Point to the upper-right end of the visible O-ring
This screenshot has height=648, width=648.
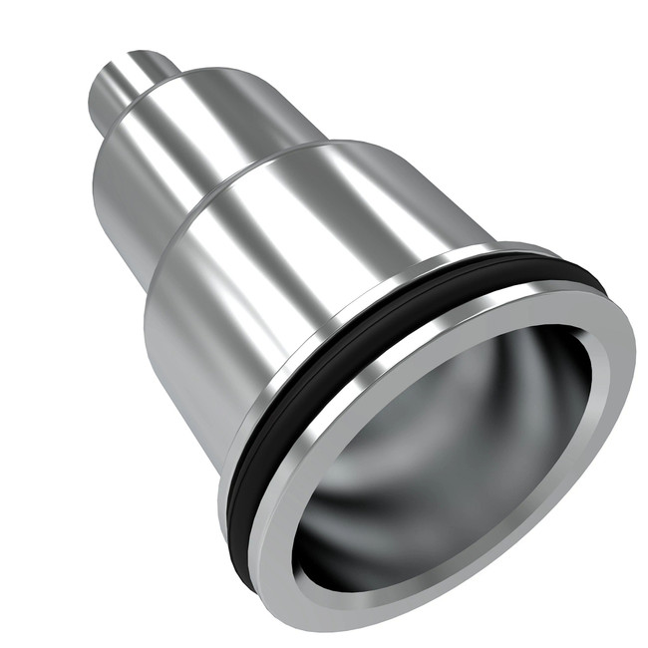(x=588, y=279)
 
